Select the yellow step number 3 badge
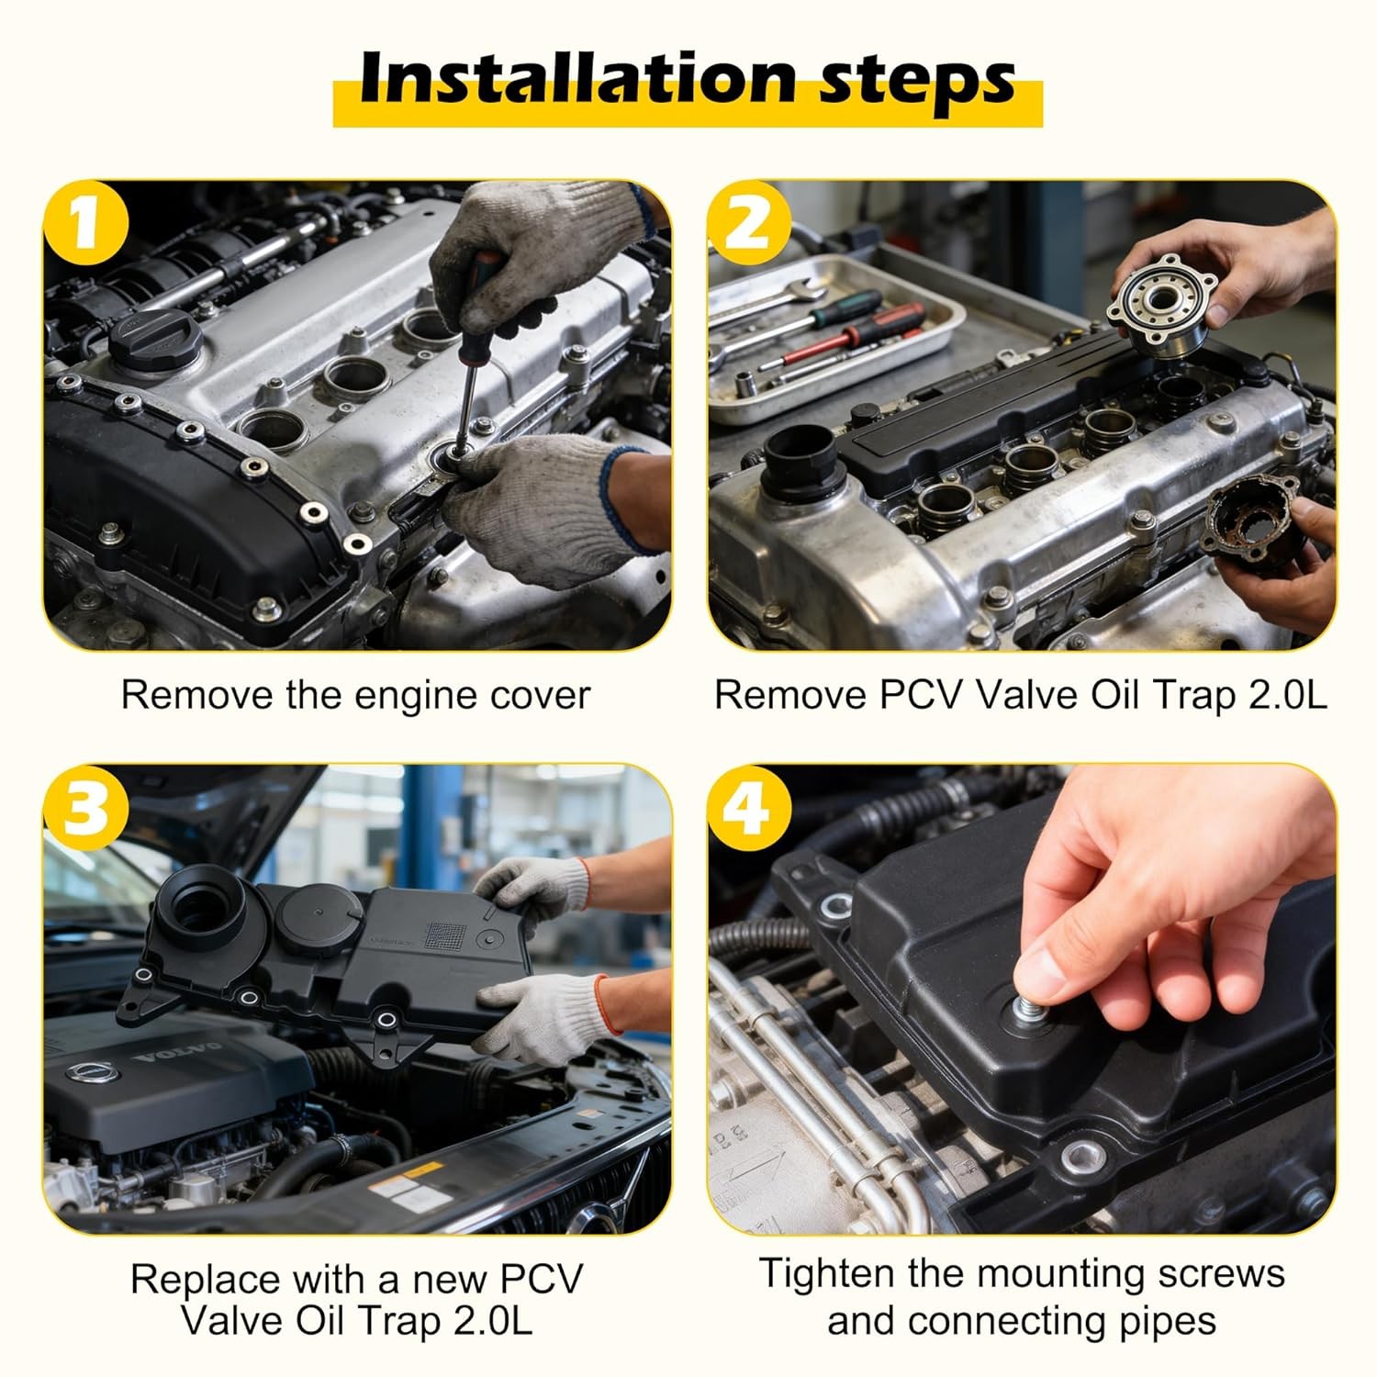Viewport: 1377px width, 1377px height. [x=84, y=808]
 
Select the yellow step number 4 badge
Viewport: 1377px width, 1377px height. [x=747, y=808]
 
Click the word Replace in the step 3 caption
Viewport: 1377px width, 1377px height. [x=204, y=1279]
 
